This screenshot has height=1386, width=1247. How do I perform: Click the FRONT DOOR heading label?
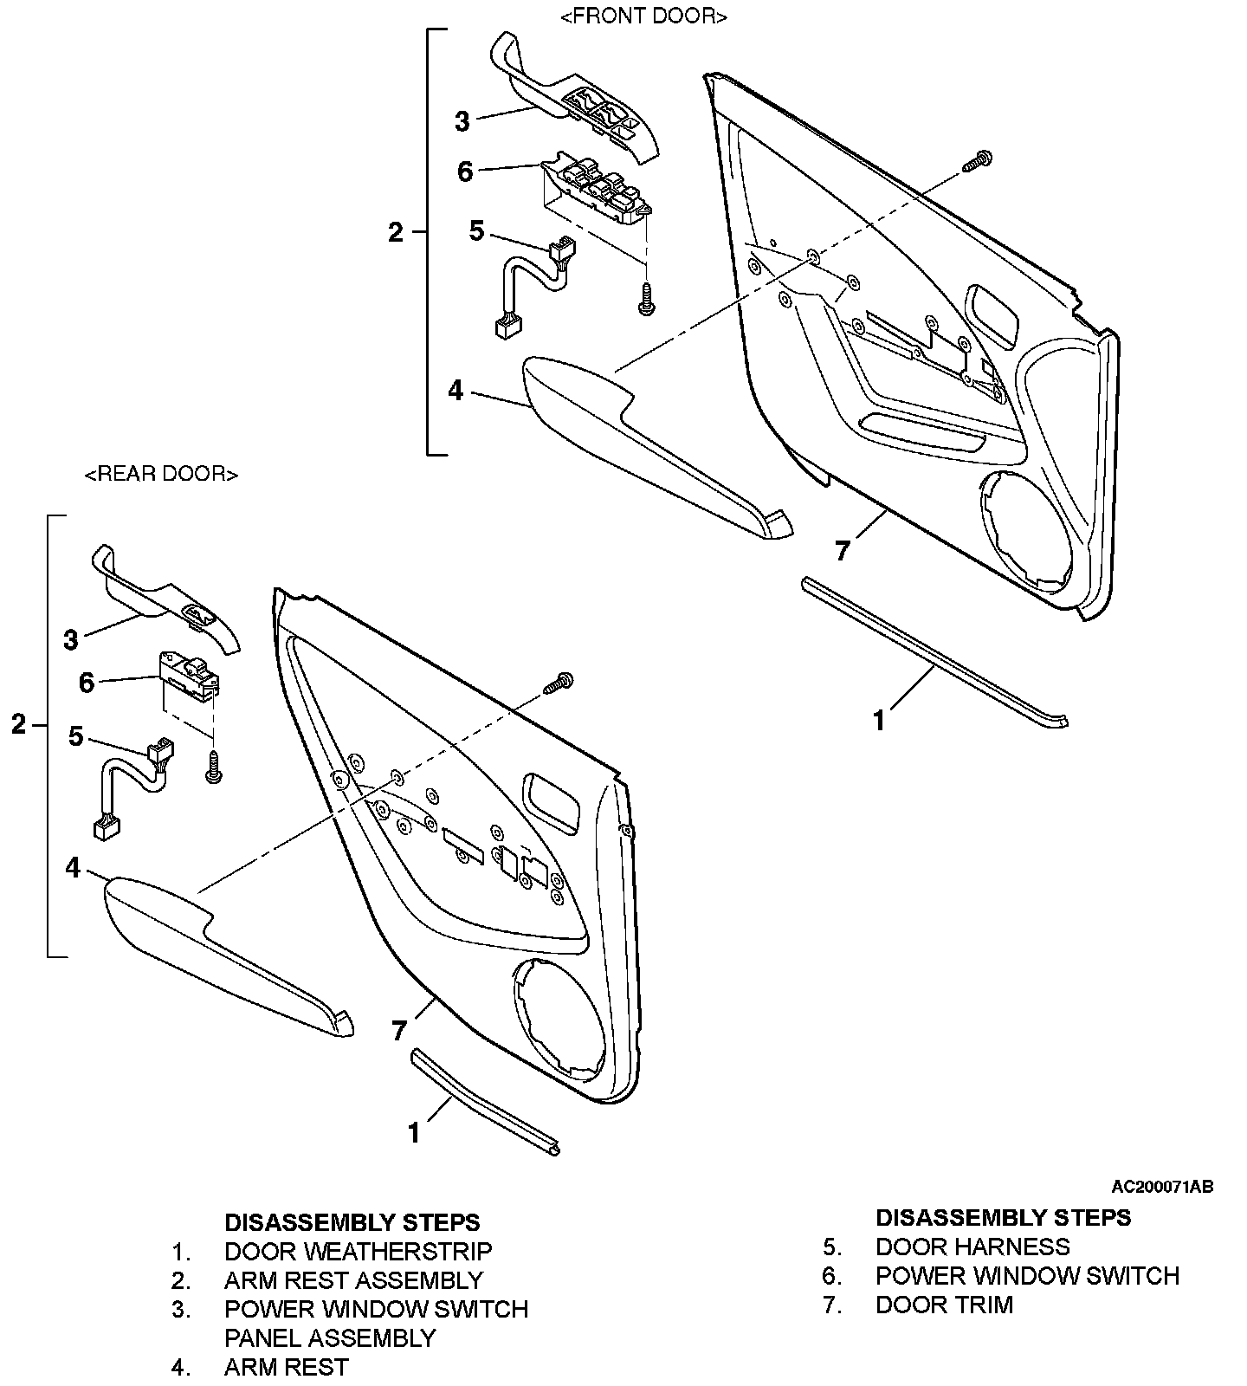[x=644, y=16]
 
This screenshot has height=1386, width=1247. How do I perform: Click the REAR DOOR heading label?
[x=161, y=474]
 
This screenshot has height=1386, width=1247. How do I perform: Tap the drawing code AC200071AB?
[x=1162, y=1186]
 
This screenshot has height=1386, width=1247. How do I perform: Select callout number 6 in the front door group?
[x=465, y=172]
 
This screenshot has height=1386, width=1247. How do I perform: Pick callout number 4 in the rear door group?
[x=73, y=867]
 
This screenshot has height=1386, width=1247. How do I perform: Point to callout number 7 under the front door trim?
[x=843, y=550]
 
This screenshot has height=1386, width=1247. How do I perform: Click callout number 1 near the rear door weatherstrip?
[x=414, y=1132]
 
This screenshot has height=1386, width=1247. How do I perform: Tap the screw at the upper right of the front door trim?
[x=978, y=160]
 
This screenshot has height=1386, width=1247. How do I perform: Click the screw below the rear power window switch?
[x=213, y=767]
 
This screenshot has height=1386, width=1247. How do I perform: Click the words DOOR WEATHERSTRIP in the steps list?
[x=358, y=1252]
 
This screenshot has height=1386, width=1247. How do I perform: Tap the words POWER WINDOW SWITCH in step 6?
[x=1028, y=1276]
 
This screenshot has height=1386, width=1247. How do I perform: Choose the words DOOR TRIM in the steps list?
[x=944, y=1305]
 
